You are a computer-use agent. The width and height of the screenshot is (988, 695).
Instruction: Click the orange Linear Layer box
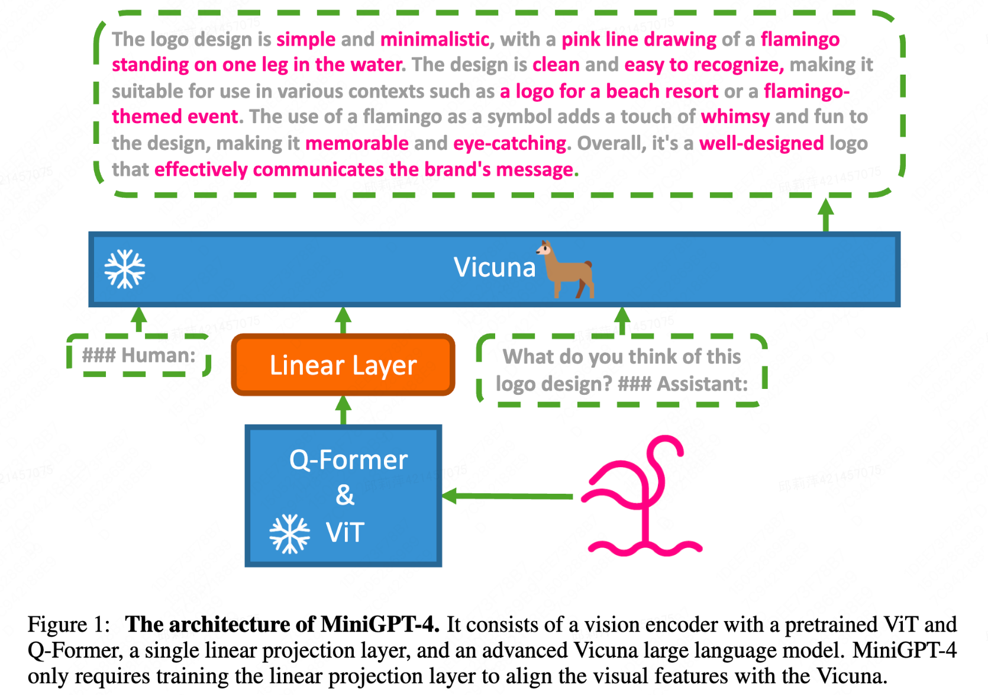pos(343,365)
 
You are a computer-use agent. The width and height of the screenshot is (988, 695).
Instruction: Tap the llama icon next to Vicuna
pos(567,270)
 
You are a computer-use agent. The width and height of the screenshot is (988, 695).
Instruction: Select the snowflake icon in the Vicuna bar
pos(125,269)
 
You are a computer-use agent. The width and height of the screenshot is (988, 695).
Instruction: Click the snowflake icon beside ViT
pos(289,533)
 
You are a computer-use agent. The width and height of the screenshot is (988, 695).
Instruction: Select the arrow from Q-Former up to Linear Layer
pos(343,410)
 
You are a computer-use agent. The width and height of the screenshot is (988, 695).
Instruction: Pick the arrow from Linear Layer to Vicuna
pos(343,320)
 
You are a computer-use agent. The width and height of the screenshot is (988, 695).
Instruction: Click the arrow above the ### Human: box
pos(139,320)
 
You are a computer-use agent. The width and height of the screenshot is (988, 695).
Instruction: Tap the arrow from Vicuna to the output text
pos(826,214)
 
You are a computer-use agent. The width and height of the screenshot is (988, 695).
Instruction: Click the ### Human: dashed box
pos(139,355)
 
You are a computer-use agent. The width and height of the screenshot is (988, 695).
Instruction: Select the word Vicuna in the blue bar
pos(495,268)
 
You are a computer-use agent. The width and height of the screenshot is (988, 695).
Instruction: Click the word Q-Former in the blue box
pos(348,460)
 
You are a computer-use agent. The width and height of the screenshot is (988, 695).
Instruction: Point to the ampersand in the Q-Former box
pos(345,495)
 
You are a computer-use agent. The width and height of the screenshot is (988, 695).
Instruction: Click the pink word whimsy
pos(735,117)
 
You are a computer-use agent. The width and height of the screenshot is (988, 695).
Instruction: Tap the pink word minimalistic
pos(435,39)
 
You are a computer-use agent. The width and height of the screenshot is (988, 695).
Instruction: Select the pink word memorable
pos(357,143)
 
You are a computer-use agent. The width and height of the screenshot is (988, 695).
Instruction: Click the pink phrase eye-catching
pos(510,143)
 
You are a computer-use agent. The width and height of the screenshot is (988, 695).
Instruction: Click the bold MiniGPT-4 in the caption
pos(379,625)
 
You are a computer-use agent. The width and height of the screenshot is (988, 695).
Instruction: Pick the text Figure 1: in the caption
pos(69,625)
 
